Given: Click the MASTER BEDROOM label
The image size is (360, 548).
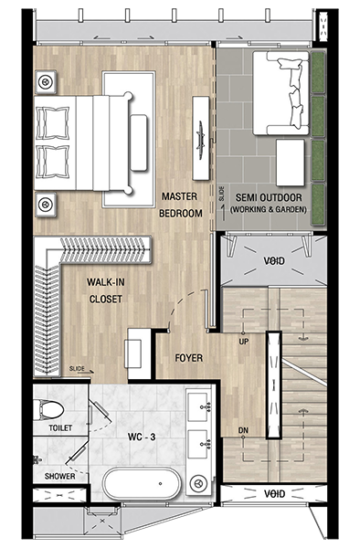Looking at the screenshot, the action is tap(181, 205).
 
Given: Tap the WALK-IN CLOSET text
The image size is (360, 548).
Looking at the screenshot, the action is tap(106, 290).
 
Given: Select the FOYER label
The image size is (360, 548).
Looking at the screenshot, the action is tap(189, 358).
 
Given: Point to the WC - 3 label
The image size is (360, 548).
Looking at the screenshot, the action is tap(142, 437).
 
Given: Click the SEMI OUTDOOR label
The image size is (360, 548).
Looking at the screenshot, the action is tap(269, 197).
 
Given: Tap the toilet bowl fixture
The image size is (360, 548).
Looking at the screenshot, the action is tap(49, 409).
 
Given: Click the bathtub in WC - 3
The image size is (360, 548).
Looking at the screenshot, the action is tap(142, 484).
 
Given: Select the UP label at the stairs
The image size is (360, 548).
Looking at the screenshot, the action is tap(244, 342).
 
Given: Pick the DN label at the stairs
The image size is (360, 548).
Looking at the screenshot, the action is tap(243, 430).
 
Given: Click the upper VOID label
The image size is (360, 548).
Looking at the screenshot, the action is tap(274, 260).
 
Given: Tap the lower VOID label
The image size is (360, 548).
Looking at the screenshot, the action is tap(275, 494).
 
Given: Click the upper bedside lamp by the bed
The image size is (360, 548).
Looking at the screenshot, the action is tap(46, 82).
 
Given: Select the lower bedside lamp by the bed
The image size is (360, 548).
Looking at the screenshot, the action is tap(46, 204).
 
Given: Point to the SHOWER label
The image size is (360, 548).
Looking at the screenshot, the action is tap(59, 476).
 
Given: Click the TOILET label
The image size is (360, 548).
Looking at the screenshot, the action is tap(60, 427).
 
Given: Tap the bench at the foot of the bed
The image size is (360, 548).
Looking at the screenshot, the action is tap(138, 142).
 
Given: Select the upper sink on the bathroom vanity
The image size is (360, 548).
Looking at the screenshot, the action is tap(199, 406).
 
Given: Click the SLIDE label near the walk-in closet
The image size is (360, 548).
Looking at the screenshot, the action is tap(77, 368).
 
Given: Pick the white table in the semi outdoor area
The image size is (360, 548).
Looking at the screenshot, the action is tap(290, 163).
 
